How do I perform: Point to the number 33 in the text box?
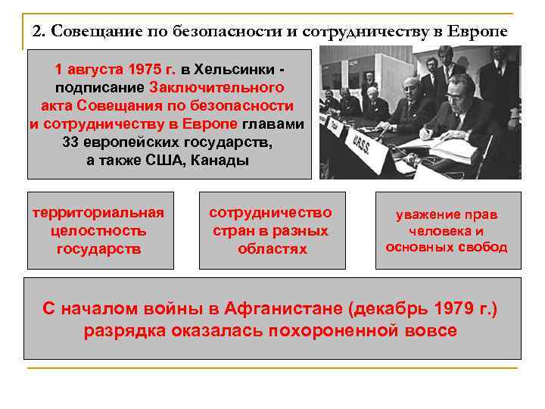coord(73,142)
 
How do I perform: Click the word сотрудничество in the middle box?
coord(271,213)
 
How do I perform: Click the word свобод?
coord(484,248)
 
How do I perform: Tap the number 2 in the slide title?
coord(36,32)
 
